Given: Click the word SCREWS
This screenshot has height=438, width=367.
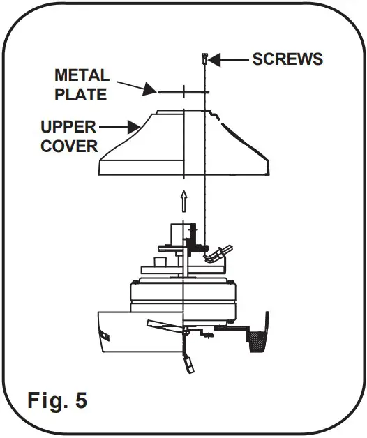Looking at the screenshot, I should (x=287, y=59).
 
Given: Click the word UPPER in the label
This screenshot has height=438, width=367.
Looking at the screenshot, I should (x=68, y=128).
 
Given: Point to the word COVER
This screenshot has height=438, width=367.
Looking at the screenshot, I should (x=68, y=146).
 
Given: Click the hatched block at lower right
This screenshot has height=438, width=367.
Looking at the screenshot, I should (x=259, y=343).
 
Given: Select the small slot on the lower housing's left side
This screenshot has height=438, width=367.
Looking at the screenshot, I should (x=106, y=337).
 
